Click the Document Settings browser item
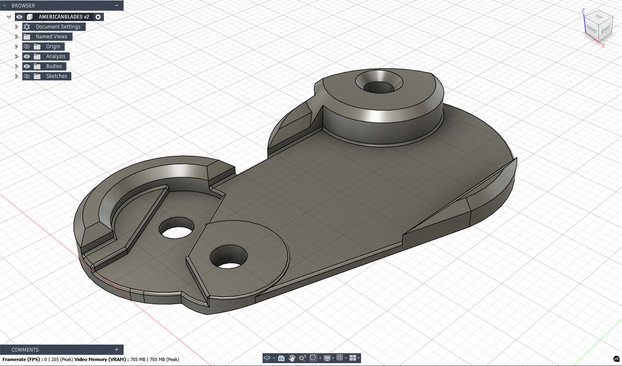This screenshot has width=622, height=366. pyautogui.click(x=58, y=27)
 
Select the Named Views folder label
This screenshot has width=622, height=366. pyautogui.click(x=51, y=37)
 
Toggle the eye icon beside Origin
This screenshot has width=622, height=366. pyautogui.click(x=27, y=47)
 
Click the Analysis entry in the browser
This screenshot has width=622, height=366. pyautogui.click(x=55, y=56)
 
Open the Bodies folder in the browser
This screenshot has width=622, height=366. pyautogui.click(x=54, y=66)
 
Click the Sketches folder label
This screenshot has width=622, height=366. pyautogui.click(x=56, y=76)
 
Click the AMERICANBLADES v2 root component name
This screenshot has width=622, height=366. pyautogui.click(x=63, y=17)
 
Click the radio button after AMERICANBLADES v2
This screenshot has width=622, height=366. pyautogui.click(x=98, y=17)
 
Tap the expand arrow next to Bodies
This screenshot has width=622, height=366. pyautogui.click(x=16, y=66)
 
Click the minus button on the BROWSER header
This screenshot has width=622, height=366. pyautogui.click(x=117, y=5)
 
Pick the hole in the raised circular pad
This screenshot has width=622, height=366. pyautogui.click(x=229, y=257)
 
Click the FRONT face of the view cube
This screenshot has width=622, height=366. pyautogui.click(x=591, y=29)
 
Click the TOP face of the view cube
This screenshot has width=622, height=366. pyautogui.click(x=599, y=17)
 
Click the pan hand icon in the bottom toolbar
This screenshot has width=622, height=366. pyautogui.click(x=292, y=358)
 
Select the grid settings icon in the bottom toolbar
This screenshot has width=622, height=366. pyautogui.click(x=340, y=358)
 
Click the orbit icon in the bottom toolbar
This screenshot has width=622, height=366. pyautogui.click(x=267, y=358)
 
